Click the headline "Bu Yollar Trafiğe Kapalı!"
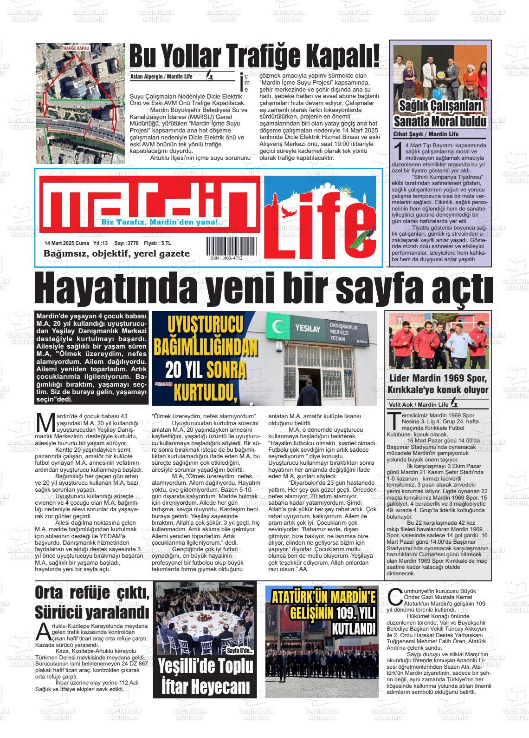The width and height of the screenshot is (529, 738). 254,57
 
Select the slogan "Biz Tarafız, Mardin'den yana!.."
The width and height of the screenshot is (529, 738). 162,223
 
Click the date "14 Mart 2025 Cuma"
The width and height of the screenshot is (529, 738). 66,243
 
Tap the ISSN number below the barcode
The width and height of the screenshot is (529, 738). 226,258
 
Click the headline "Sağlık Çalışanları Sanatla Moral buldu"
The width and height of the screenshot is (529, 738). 440,114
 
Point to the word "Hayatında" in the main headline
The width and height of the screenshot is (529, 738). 111,290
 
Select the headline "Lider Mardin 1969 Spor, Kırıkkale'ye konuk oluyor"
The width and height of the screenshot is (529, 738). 439,383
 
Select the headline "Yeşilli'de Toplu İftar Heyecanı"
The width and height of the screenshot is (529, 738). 205,676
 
